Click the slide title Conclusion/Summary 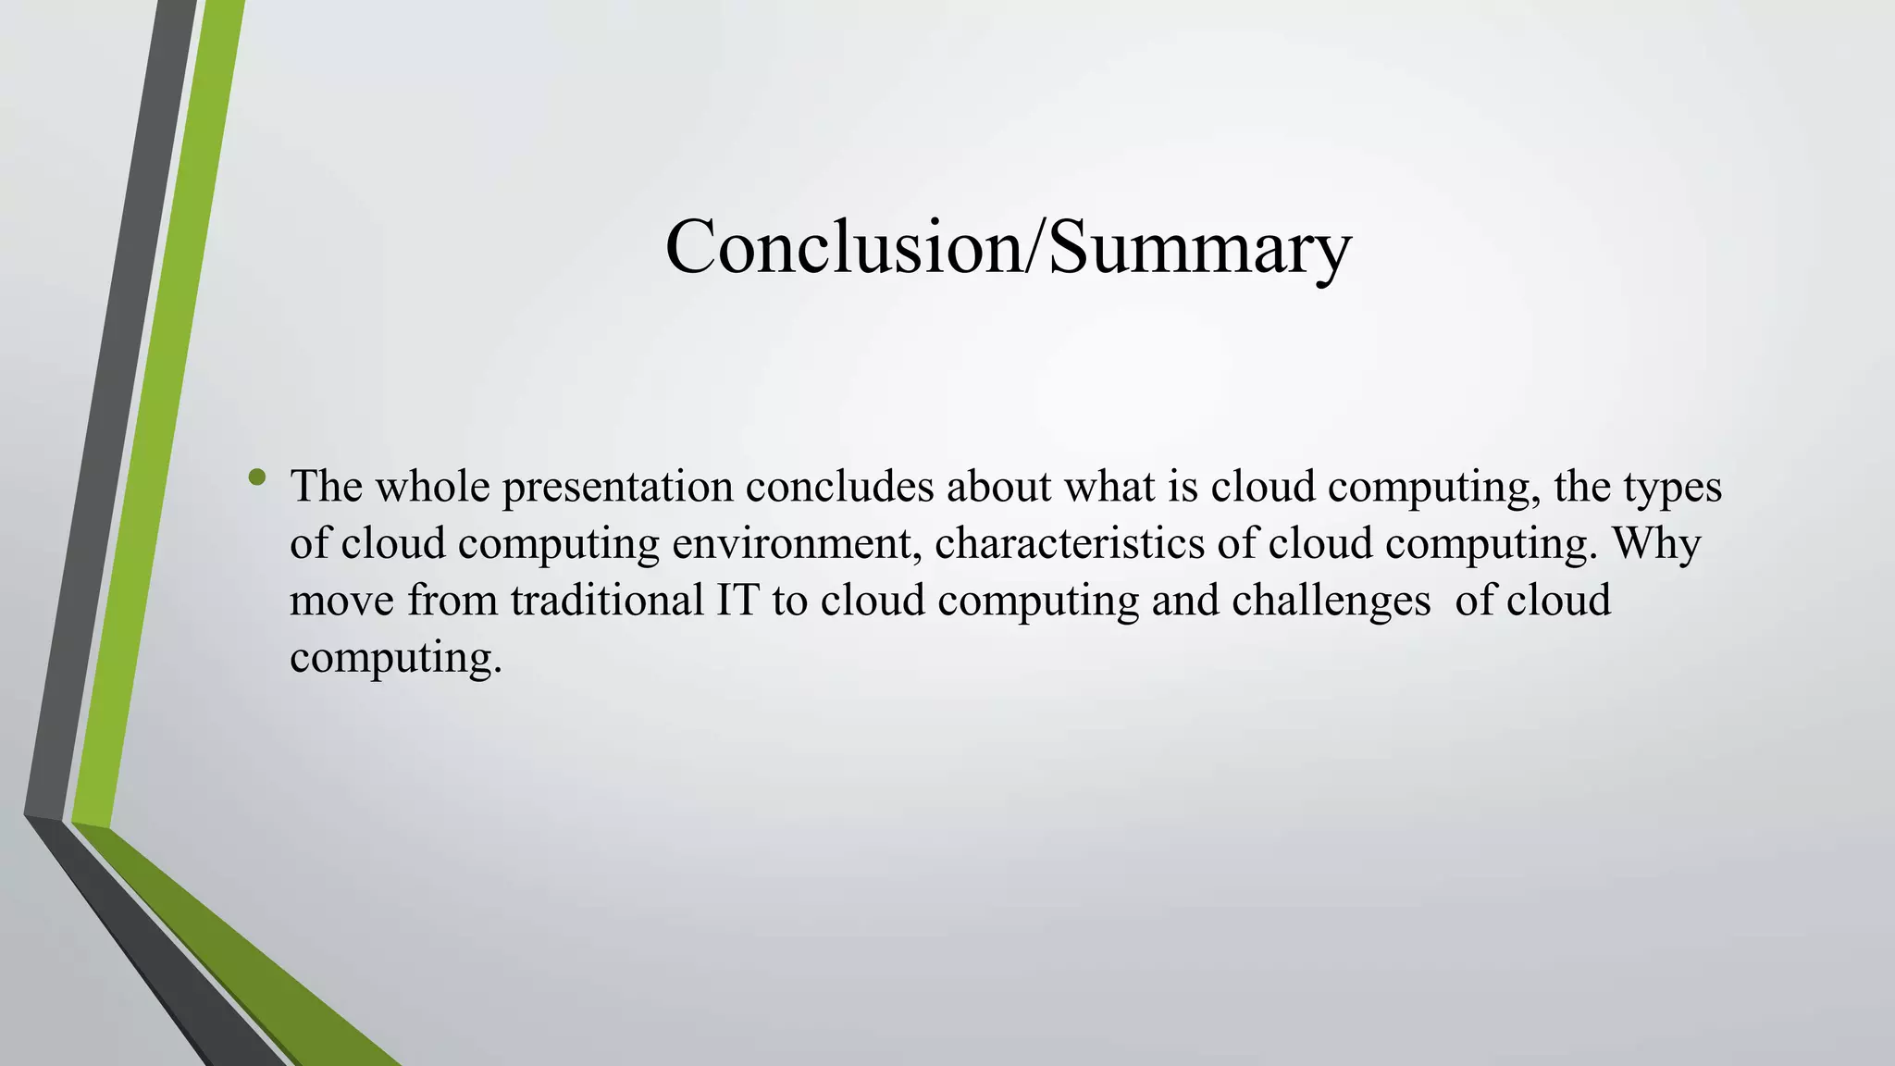coord(1008,247)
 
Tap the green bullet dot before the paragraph coord(257,478)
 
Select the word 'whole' coord(432,487)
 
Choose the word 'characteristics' coord(1070,543)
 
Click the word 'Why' coord(1656,544)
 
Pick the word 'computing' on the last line coord(394,659)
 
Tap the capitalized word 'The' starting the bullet coord(326,487)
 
